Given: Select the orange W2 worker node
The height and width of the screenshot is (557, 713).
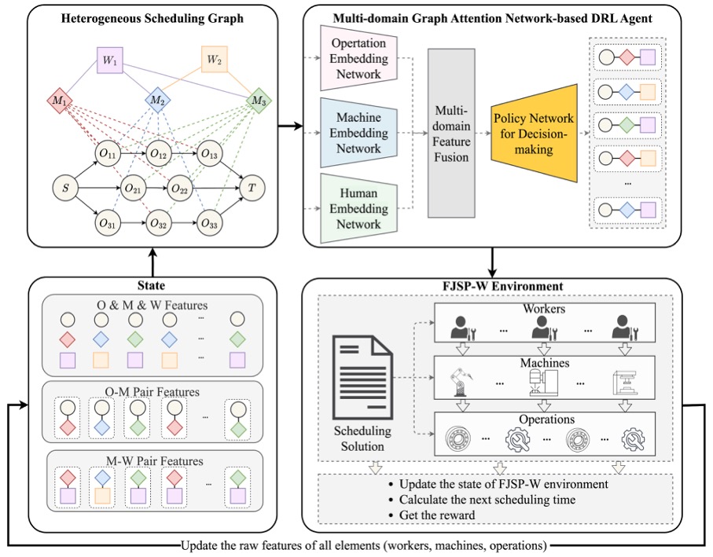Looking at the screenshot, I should [x=213, y=59].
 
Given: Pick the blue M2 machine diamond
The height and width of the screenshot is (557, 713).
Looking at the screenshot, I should [x=158, y=101].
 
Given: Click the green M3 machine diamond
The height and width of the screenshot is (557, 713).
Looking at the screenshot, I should [x=257, y=101].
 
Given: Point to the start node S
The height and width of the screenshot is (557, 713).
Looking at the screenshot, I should [x=66, y=189].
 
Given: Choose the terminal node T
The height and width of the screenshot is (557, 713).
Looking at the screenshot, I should [x=252, y=189].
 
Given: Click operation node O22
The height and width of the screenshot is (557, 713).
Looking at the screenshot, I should [x=180, y=189].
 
